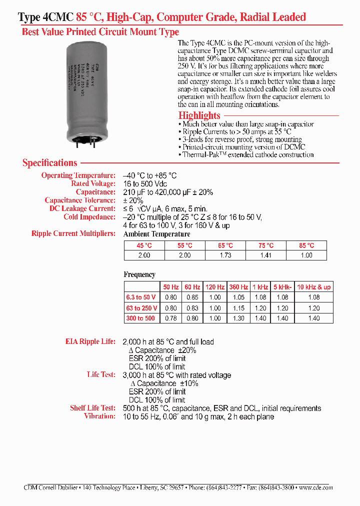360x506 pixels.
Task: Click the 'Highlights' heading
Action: click(x=199, y=115)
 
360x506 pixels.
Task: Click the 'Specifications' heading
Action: click(x=50, y=163)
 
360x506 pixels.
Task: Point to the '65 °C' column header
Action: click(x=225, y=245)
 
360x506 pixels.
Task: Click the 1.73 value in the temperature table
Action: click(x=225, y=255)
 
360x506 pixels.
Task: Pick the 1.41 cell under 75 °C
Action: click(x=266, y=255)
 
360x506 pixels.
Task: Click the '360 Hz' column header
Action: click(x=238, y=287)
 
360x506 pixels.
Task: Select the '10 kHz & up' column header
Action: click(x=313, y=287)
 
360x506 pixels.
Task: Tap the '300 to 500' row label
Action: click(x=140, y=318)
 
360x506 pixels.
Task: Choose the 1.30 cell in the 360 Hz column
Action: click(x=238, y=318)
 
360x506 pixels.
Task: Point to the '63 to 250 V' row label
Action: click(x=141, y=308)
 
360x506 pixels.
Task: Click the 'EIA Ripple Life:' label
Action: click(x=90, y=342)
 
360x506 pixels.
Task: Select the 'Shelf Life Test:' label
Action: click(x=92, y=408)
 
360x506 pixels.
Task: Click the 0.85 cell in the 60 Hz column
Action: click(x=191, y=297)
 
